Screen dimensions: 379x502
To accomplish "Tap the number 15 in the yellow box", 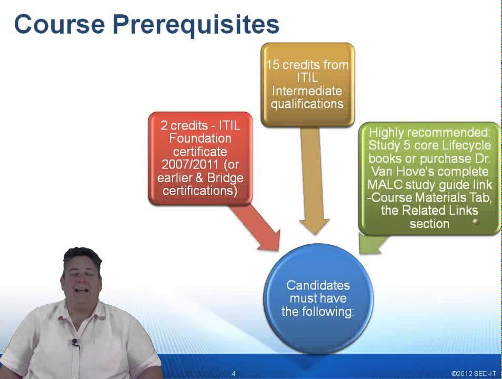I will point(273,65).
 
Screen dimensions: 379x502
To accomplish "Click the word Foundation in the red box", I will point(200,138).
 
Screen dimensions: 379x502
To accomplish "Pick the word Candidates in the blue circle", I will point(318,285).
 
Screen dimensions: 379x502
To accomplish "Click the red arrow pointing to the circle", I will point(258,227).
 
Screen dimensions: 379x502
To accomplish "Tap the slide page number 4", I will point(233,373).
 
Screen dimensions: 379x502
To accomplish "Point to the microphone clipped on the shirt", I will point(75,343).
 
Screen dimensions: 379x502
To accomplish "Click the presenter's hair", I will point(82,255).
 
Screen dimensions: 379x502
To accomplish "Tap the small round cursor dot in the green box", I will point(476,222).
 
